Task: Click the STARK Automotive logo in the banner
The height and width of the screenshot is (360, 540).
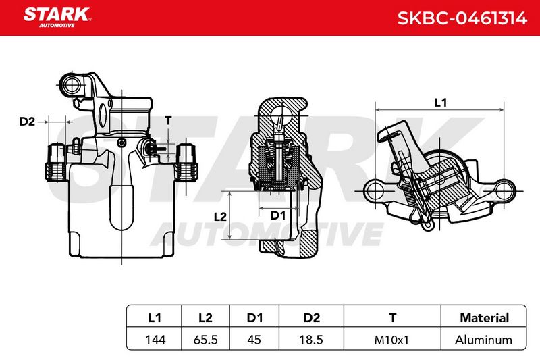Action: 57,18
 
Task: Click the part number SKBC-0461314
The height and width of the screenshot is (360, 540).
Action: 462,18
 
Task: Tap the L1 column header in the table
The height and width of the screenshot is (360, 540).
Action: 155,317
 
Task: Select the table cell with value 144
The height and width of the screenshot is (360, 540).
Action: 155,340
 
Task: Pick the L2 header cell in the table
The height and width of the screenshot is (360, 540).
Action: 205,317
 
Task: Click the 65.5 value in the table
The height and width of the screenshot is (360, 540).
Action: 206,340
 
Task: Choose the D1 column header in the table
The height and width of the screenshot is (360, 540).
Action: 254,317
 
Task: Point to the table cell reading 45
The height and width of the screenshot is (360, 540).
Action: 254,340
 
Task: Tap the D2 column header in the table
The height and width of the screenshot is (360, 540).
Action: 311,317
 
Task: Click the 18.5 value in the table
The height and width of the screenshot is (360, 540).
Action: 311,340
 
